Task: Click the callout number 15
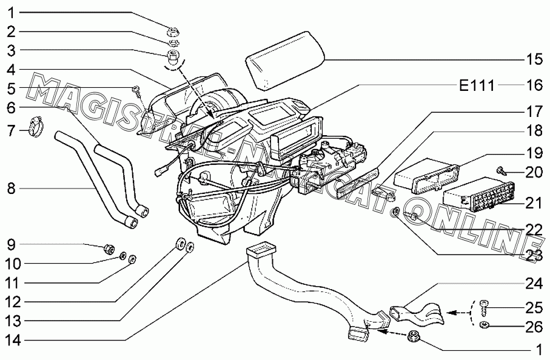click(x=533, y=60)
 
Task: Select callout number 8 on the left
click(x=10, y=188)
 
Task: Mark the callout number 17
click(x=533, y=112)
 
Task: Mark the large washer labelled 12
click(x=179, y=244)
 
